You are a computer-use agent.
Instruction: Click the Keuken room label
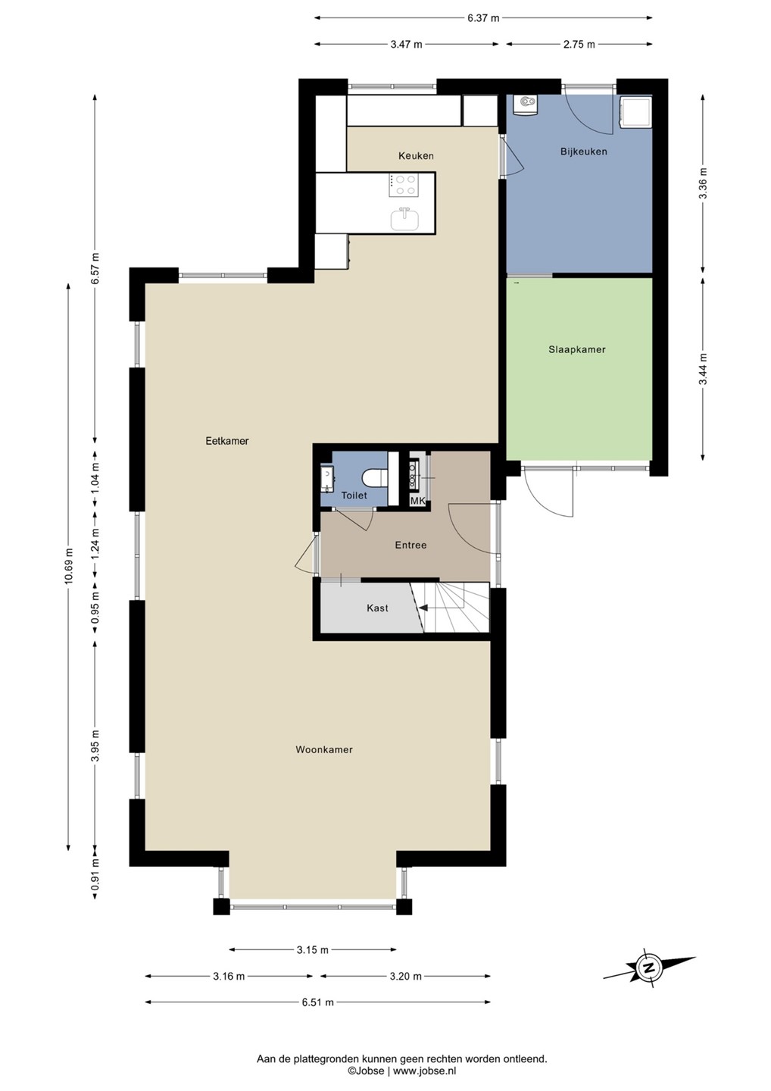[x=416, y=156]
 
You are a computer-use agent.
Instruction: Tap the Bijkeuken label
[x=584, y=152]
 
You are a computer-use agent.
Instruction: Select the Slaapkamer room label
[x=577, y=349]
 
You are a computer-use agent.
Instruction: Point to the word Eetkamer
[x=226, y=441]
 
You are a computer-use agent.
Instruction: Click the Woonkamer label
[x=323, y=749]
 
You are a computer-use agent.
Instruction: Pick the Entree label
[x=410, y=545]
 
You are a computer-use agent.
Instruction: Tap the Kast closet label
[x=378, y=608]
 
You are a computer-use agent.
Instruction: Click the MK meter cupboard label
[x=418, y=501]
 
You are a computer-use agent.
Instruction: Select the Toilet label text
[x=354, y=495]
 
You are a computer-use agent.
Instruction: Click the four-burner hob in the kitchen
[x=404, y=186]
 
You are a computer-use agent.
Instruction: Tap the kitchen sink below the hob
[x=404, y=218]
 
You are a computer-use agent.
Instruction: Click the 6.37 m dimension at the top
[x=483, y=18]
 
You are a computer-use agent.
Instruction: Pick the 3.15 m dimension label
[x=313, y=949]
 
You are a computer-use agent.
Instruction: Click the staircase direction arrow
[x=423, y=608]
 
